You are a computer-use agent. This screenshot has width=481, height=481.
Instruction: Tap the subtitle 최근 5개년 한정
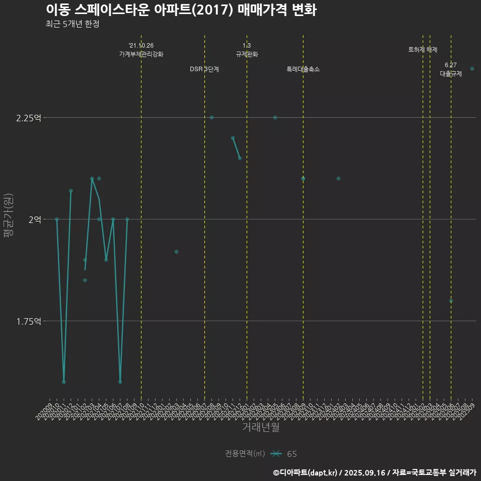[x=72, y=24]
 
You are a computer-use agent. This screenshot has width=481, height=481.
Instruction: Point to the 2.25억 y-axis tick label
[x=29, y=118]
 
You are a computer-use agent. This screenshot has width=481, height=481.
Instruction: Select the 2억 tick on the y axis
[x=34, y=219]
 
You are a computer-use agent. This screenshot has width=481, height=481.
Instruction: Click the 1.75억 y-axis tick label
[x=29, y=321]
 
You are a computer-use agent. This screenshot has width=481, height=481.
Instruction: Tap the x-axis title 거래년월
[x=261, y=427]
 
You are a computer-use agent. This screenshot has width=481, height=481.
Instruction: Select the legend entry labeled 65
[x=292, y=454]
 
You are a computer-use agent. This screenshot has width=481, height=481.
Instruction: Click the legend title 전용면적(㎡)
[x=245, y=453]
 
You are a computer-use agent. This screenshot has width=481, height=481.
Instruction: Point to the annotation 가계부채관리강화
[x=141, y=54]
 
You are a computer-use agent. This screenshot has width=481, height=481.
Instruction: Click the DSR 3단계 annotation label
[x=204, y=69]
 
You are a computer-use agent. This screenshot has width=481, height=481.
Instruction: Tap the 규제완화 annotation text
[x=247, y=54]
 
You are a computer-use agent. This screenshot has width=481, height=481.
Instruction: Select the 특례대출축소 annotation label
[x=303, y=69]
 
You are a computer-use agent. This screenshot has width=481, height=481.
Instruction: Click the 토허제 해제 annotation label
[x=423, y=50]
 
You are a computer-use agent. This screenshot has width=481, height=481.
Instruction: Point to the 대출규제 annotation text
[x=451, y=74]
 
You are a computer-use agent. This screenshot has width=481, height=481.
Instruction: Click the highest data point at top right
[x=472, y=69]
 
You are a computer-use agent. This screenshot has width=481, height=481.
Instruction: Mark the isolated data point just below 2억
[x=176, y=252]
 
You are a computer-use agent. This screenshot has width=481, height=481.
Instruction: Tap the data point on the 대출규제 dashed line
[x=451, y=301]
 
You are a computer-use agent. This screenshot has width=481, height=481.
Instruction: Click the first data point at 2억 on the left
[x=57, y=219]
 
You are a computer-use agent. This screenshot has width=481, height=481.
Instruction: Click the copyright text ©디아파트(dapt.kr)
[x=306, y=472]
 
